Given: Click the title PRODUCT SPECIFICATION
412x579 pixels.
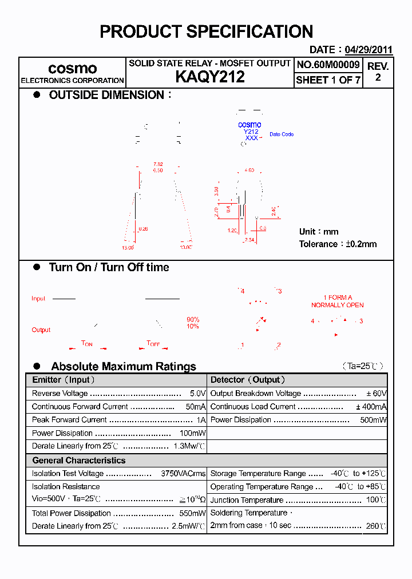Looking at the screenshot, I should pos(206,31).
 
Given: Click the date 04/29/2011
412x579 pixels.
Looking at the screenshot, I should pos(369,50).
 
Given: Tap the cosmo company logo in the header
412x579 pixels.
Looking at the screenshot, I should pos(72,69).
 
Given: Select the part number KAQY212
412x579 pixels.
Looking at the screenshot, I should pos(209,77).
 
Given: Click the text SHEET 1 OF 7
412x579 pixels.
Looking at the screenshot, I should pos(328,80).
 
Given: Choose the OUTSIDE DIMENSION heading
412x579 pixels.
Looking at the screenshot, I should pos(106,95).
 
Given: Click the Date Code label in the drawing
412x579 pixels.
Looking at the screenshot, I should pos(282,134).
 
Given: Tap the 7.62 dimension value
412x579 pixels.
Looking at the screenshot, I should pos(158,164).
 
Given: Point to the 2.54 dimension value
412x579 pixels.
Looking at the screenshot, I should pos(249,240).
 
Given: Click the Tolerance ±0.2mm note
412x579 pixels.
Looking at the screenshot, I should pos(338,244).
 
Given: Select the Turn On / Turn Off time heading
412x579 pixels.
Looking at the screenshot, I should pos(109,267).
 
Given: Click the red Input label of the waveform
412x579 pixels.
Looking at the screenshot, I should pos(38,299).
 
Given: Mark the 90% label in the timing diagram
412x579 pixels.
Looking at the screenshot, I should pos(193,319).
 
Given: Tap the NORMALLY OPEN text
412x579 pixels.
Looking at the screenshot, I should pos(337,305).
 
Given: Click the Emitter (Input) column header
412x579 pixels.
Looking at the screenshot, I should pos(64,380).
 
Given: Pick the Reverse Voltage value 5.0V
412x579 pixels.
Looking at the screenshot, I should pos(197,394).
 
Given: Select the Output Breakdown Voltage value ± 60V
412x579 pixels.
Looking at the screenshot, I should pos(377,394).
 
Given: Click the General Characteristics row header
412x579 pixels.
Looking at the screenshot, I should pos(78,461).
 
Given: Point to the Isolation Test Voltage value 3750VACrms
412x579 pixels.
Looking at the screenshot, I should pos(183,474).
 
